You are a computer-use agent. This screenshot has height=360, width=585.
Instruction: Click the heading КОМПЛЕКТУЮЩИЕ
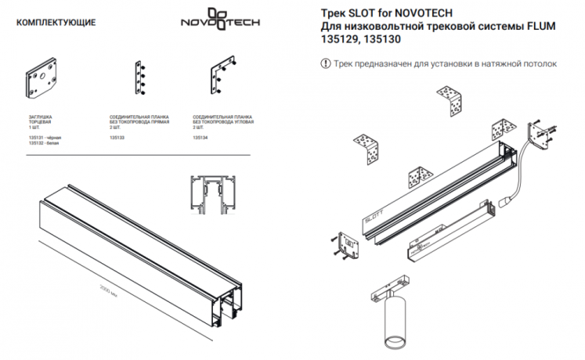click(x=56, y=22)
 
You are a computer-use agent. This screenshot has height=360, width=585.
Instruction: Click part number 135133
click(x=117, y=137)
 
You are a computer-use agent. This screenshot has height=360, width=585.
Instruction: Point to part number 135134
click(x=200, y=137)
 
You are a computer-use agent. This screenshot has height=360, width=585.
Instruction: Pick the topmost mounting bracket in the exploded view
click(x=457, y=102)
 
